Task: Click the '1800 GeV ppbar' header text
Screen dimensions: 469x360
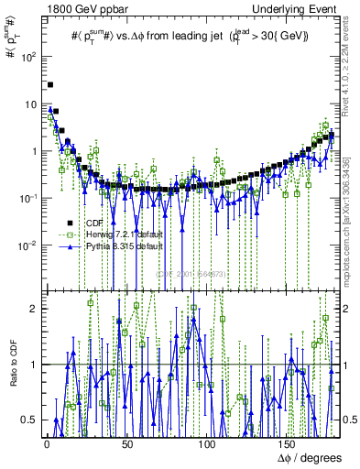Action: tap(75, 8)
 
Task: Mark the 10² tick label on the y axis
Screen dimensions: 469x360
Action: tap(29, 56)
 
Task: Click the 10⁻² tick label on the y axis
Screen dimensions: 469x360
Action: tap(28, 245)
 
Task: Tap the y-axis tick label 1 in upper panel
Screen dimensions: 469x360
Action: tap(35, 150)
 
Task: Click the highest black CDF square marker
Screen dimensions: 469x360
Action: tap(50, 85)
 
